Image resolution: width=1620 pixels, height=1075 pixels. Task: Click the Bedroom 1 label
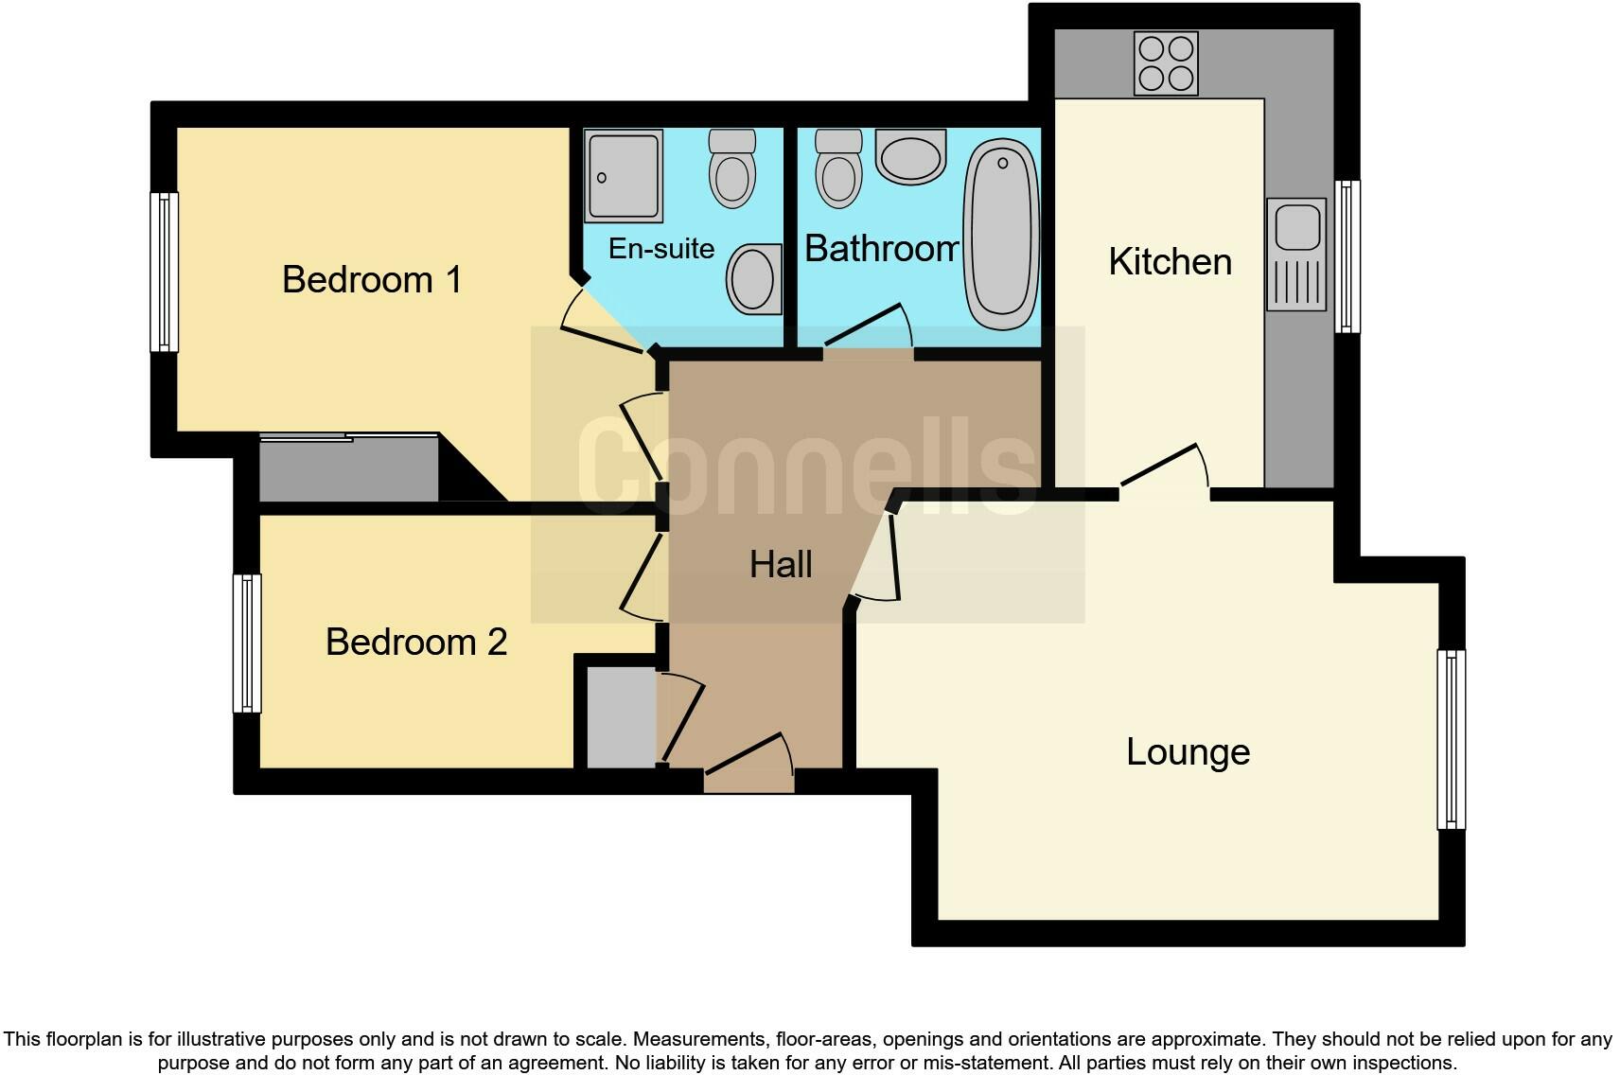tap(372, 280)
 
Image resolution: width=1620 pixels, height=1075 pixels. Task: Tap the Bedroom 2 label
tap(416, 643)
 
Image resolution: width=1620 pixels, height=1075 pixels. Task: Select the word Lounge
tap(1188, 752)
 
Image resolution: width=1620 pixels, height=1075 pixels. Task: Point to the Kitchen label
tap(1170, 262)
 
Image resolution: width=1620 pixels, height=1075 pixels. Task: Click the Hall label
tap(781, 565)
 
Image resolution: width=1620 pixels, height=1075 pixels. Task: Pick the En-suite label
tap(660, 249)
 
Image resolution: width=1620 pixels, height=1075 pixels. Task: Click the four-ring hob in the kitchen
tap(1166, 63)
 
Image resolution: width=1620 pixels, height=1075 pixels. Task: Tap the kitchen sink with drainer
tap(1295, 255)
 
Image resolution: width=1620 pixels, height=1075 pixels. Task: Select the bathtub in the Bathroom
tap(1001, 234)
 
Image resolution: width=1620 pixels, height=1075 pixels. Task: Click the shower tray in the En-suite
tap(623, 176)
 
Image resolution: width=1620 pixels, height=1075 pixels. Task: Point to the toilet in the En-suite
tap(732, 169)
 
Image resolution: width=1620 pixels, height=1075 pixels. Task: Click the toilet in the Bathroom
tap(838, 169)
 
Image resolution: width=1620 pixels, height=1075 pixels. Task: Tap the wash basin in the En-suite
tap(754, 279)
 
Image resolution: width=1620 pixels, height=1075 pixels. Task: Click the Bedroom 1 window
tap(165, 272)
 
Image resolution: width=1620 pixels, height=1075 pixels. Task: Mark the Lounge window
tap(1451, 739)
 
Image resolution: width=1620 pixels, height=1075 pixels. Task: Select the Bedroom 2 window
tap(247, 643)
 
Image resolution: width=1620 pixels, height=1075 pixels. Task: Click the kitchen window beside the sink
tap(1347, 256)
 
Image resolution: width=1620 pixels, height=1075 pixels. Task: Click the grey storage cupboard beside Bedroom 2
tap(621, 717)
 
